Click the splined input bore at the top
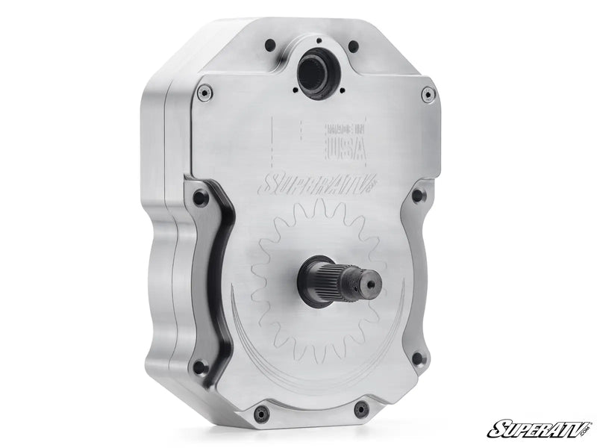[x=316, y=72]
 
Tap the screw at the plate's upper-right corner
[x=428, y=94]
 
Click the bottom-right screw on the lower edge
[x=362, y=408]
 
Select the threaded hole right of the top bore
[x=353, y=47]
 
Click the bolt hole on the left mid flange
[x=200, y=199]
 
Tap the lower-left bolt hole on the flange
[x=199, y=366]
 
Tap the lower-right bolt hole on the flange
[x=418, y=358]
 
